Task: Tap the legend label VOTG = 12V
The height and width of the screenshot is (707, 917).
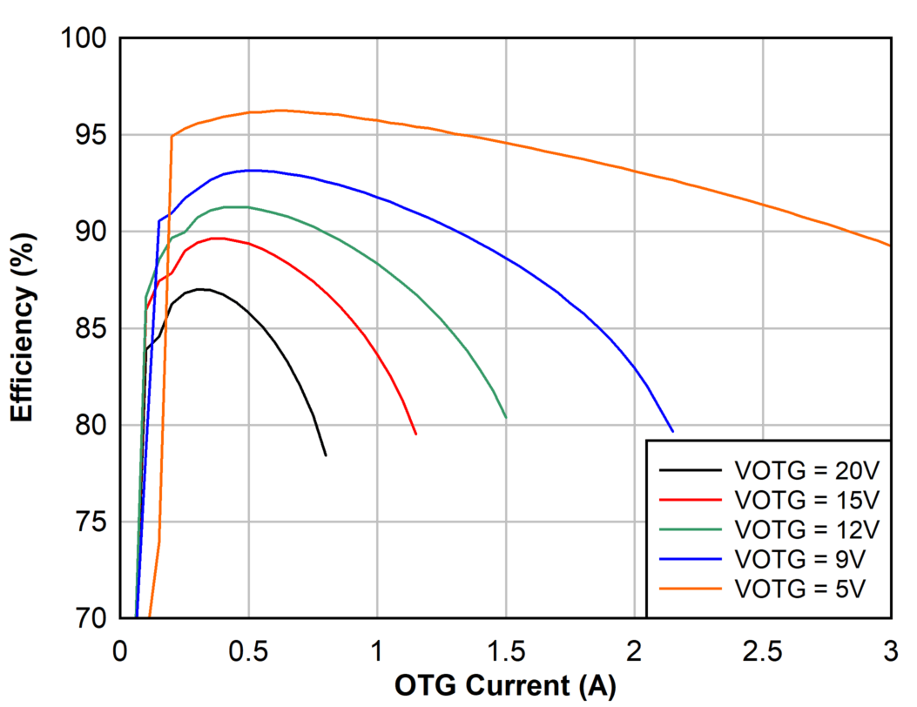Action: [807, 529]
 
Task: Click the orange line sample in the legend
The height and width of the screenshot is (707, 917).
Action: [691, 588]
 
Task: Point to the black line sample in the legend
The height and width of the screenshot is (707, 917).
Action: [691, 470]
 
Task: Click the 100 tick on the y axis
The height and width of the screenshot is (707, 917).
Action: [84, 38]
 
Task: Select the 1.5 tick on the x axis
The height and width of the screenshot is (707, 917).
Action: [505, 650]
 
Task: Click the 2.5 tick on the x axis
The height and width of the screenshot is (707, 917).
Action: [762, 650]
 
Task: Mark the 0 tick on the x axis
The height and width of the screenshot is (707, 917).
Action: [120, 650]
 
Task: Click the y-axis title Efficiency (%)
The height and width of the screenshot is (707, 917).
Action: [24, 329]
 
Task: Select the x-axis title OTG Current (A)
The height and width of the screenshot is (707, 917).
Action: [505, 686]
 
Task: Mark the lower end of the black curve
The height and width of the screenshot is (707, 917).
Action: [326, 455]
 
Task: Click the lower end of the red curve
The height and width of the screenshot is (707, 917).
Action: [415, 434]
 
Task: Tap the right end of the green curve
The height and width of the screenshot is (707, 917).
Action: [506, 418]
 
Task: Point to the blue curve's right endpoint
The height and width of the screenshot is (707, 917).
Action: [672, 431]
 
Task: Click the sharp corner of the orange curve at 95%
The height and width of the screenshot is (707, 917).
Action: [172, 136]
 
